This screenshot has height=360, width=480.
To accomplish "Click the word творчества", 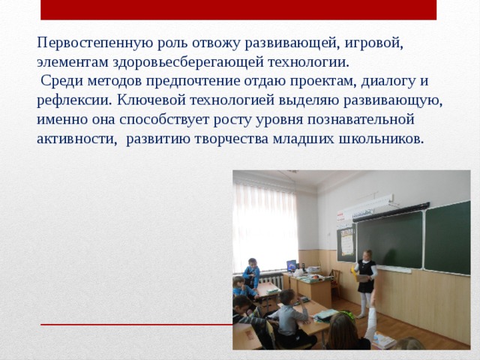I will (x=248, y=139).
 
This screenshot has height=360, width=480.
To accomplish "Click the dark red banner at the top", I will (x=238, y=10).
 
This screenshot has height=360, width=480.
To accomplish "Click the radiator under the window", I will (x=273, y=282).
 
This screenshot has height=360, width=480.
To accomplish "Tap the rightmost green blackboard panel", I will (x=448, y=236).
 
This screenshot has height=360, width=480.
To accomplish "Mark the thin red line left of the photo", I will (x=135, y=325).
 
